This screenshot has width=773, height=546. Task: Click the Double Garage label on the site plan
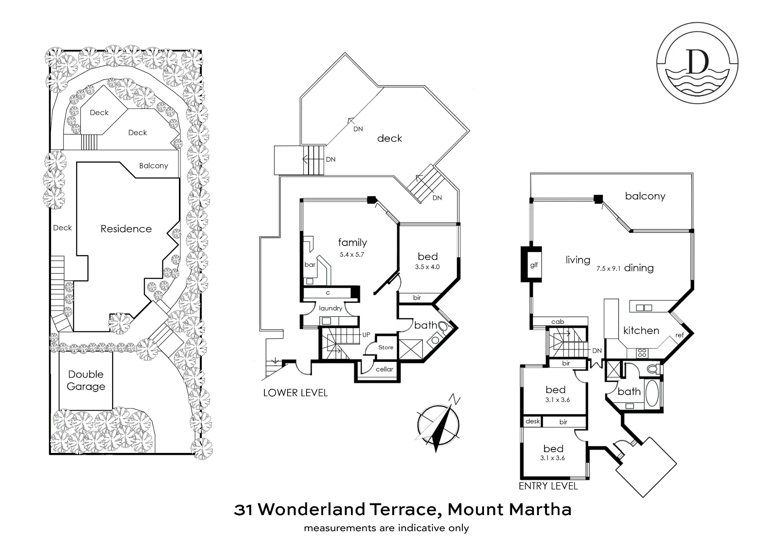click(86, 380)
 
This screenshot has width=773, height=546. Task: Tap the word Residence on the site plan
click(126, 229)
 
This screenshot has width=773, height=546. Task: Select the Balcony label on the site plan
click(153, 166)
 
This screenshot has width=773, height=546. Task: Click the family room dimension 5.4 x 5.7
click(352, 254)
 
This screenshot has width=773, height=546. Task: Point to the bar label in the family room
click(310, 265)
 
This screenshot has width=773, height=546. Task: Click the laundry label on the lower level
click(330, 308)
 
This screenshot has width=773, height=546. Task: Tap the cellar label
click(384, 369)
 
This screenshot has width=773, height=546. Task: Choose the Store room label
click(386, 347)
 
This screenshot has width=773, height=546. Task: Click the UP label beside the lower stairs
click(366, 335)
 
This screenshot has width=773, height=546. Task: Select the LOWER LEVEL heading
click(295, 393)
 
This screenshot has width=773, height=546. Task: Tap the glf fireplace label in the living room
click(534, 265)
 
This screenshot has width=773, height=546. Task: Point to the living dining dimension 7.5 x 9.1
click(608, 268)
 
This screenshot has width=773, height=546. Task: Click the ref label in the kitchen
click(679, 335)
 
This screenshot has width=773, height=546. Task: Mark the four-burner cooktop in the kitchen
click(642, 353)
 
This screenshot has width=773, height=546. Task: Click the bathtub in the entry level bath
click(652, 393)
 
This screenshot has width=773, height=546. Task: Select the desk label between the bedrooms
click(533, 421)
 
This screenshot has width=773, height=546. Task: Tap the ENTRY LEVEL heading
click(548, 486)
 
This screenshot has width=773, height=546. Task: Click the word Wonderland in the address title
click(312, 509)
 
